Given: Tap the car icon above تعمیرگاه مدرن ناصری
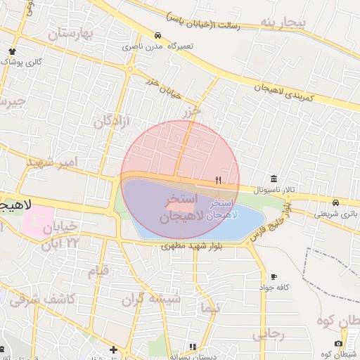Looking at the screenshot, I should (x=157, y=35).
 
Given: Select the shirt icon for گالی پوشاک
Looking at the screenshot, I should (x=12, y=51).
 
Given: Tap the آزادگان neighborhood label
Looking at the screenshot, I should (x=112, y=120).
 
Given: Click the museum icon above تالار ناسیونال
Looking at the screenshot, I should (x=273, y=179).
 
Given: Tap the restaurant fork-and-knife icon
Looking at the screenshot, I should (x=218, y=181).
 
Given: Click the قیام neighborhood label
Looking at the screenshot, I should (x=98, y=271).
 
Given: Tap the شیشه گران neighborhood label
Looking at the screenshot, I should (x=150, y=299).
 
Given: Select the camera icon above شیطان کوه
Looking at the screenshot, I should (x=338, y=343).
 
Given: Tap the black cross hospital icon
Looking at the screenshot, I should (x=113, y=349).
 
